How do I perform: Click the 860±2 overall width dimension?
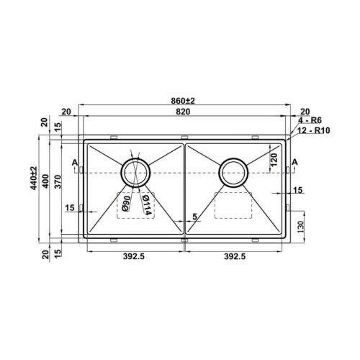pyautogui.click(x=183, y=101)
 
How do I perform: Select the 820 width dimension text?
pyautogui.click(x=183, y=112)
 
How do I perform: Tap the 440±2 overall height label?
pyautogui.click(x=34, y=178)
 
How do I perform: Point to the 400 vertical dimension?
pyautogui.click(x=45, y=181)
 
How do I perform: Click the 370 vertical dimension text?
pyautogui.click(x=58, y=181)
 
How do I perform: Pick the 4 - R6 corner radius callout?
pyautogui.click(x=310, y=120)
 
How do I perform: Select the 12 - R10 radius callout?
pyautogui.click(x=314, y=130)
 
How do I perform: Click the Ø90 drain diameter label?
pyautogui.click(x=126, y=203)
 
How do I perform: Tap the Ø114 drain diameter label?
pyautogui.click(x=146, y=205)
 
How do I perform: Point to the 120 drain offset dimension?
pyautogui.click(x=274, y=160)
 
